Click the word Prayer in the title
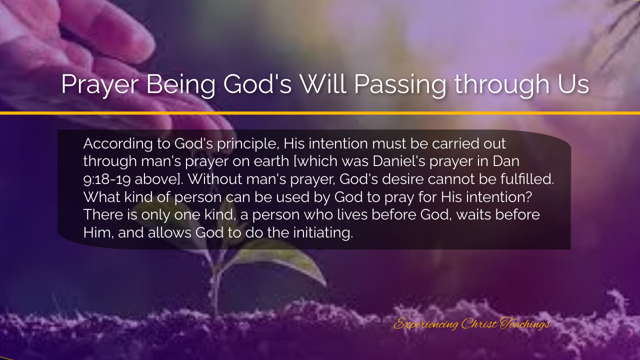pyautogui.click(x=100, y=85)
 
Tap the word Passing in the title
pyautogui.click(x=400, y=85)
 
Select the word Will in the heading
pyautogui.click(x=323, y=83)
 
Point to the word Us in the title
pyautogui.click(x=573, y=84)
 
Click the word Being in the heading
pyautogui.click(x=181, y=85)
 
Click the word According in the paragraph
pyautogui.click(x=118, y=144)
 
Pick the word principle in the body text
pyautogui.click(x=248, y=144)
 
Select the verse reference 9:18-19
pyautogui.click(x=107, y=179)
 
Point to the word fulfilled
pyautogui.click(x=527, y=179)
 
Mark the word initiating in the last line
pyautogui.click(x=323, y=233)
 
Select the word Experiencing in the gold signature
pyautogui.click(x=426, y=324)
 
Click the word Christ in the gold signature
pyautogui.click(x=479, y=323)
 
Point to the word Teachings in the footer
pyautogui.click(x=525, y=324)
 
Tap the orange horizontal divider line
pyautogui.click(x=320, y=113)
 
